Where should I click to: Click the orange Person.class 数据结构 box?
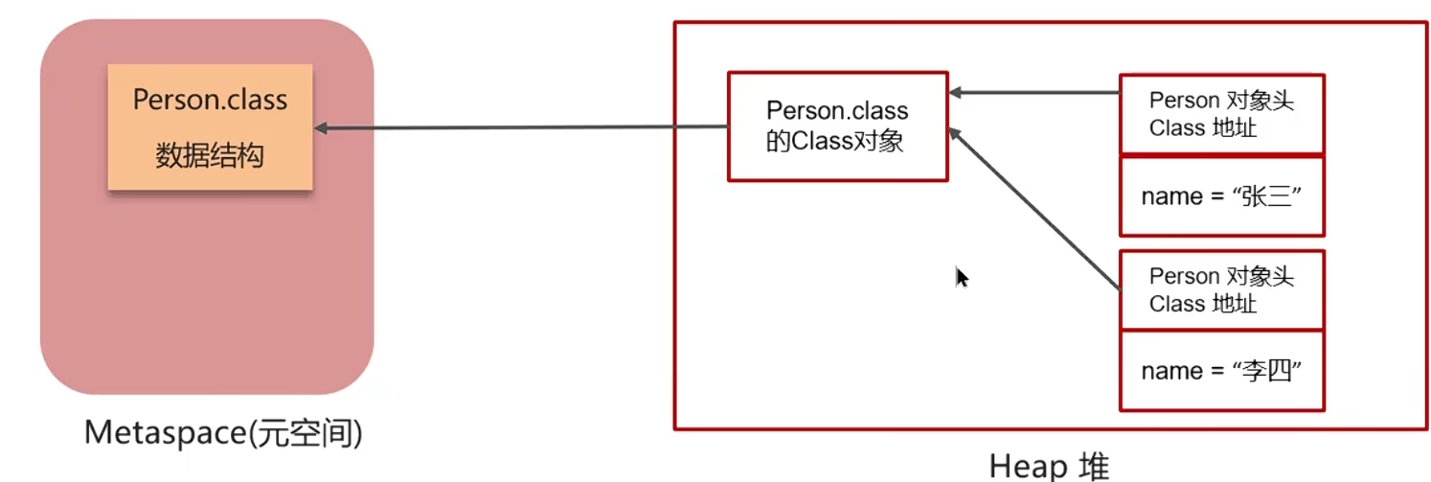(210, 126)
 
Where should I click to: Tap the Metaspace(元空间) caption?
(223, 434)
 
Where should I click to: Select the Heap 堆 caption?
(1049, 467)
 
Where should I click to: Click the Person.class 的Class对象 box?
(837, 126)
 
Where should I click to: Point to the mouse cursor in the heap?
(962, 276)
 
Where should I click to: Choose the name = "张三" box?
(1221, 195)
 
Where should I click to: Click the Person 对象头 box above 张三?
(1221, 113)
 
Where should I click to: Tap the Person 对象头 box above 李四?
(1221, 289)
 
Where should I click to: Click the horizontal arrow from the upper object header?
(1034, 93)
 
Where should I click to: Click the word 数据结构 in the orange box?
(210, 156)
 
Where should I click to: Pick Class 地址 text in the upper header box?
(1202, 127)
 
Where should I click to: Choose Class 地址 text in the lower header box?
(1202, 304)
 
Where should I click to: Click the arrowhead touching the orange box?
(322, 127)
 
